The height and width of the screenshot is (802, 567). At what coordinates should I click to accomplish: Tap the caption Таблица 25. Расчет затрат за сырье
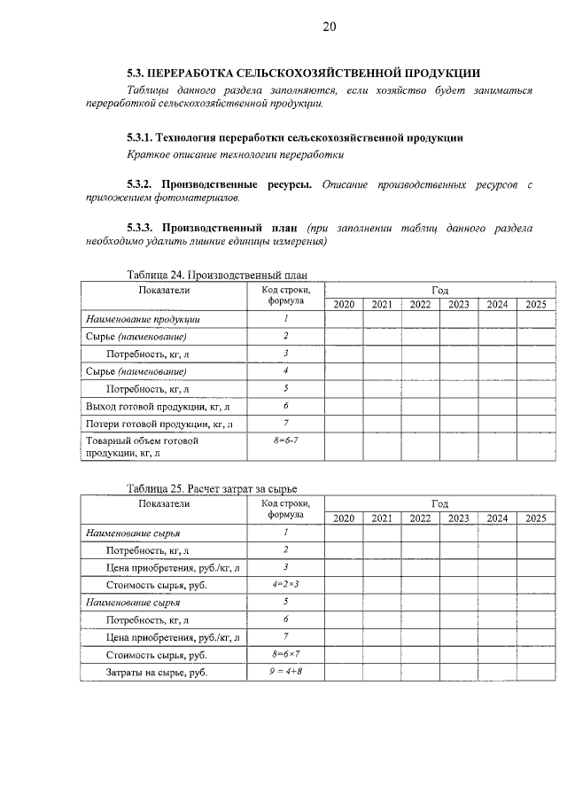coord(212,488)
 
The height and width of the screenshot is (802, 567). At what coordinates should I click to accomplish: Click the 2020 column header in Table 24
coord(344,305)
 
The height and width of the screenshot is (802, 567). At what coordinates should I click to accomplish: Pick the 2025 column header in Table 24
coord(535,305)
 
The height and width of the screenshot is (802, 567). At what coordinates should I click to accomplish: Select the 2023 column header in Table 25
coord(459,518)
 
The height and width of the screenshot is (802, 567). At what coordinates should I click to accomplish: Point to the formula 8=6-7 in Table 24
coord(286,440)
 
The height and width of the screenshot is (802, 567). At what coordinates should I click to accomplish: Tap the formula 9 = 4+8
coord(286,671)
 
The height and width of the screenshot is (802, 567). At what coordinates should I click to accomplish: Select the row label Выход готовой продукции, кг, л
coord(158,407)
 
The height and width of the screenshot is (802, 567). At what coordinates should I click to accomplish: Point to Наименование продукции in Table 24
coord(142,319)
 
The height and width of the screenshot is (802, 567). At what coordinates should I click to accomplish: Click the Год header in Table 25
coord(439,503)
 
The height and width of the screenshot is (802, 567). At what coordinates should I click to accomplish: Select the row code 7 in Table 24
coord(286,423)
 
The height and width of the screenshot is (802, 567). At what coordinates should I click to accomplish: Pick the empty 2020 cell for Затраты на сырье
coord(344,672)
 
